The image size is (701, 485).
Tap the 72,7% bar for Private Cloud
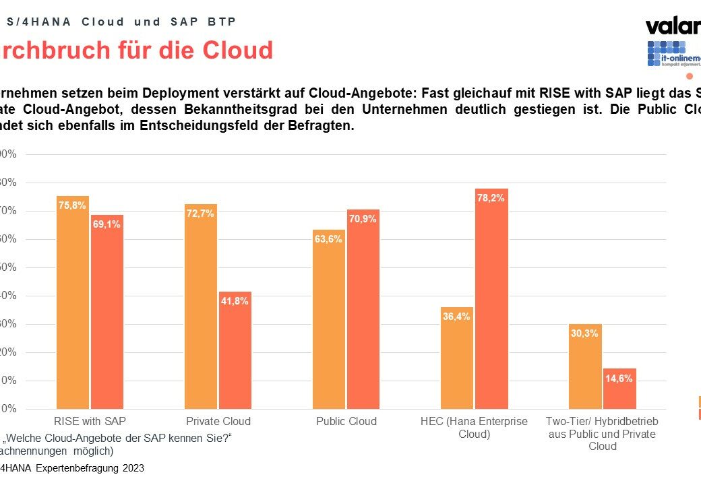click(x=201, y=306)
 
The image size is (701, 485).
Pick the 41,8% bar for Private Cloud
click(x=235, y=350)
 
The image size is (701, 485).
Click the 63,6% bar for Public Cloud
click(x=329, y=319)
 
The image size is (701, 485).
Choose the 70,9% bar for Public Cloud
click(x=363, y=309)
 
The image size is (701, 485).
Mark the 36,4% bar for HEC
click(x=457, y=358)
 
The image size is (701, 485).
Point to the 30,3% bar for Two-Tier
click(x=585, y=366)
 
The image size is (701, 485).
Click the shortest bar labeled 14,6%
click(x=619, y=389)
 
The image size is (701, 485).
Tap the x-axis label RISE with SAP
click(x=90, y=421)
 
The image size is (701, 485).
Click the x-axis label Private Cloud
click(x=218, y=421)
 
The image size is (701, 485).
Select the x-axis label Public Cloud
click(x=346, y=421)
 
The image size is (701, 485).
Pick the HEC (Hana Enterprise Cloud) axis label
click(x=474, y=427)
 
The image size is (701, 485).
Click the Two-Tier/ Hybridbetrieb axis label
click(x=602, y=433)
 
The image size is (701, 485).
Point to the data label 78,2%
click(x=491, y=197)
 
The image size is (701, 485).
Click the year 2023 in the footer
click(x=133, y=467)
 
